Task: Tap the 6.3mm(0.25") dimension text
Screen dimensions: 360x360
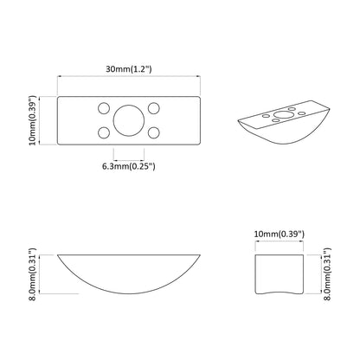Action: (130, 167)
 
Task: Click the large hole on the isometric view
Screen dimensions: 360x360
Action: (283, 113)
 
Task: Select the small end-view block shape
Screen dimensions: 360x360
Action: (279, 271)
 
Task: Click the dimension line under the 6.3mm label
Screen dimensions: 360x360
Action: (130, 157)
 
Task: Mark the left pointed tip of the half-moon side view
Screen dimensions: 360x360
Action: (58, 256)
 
